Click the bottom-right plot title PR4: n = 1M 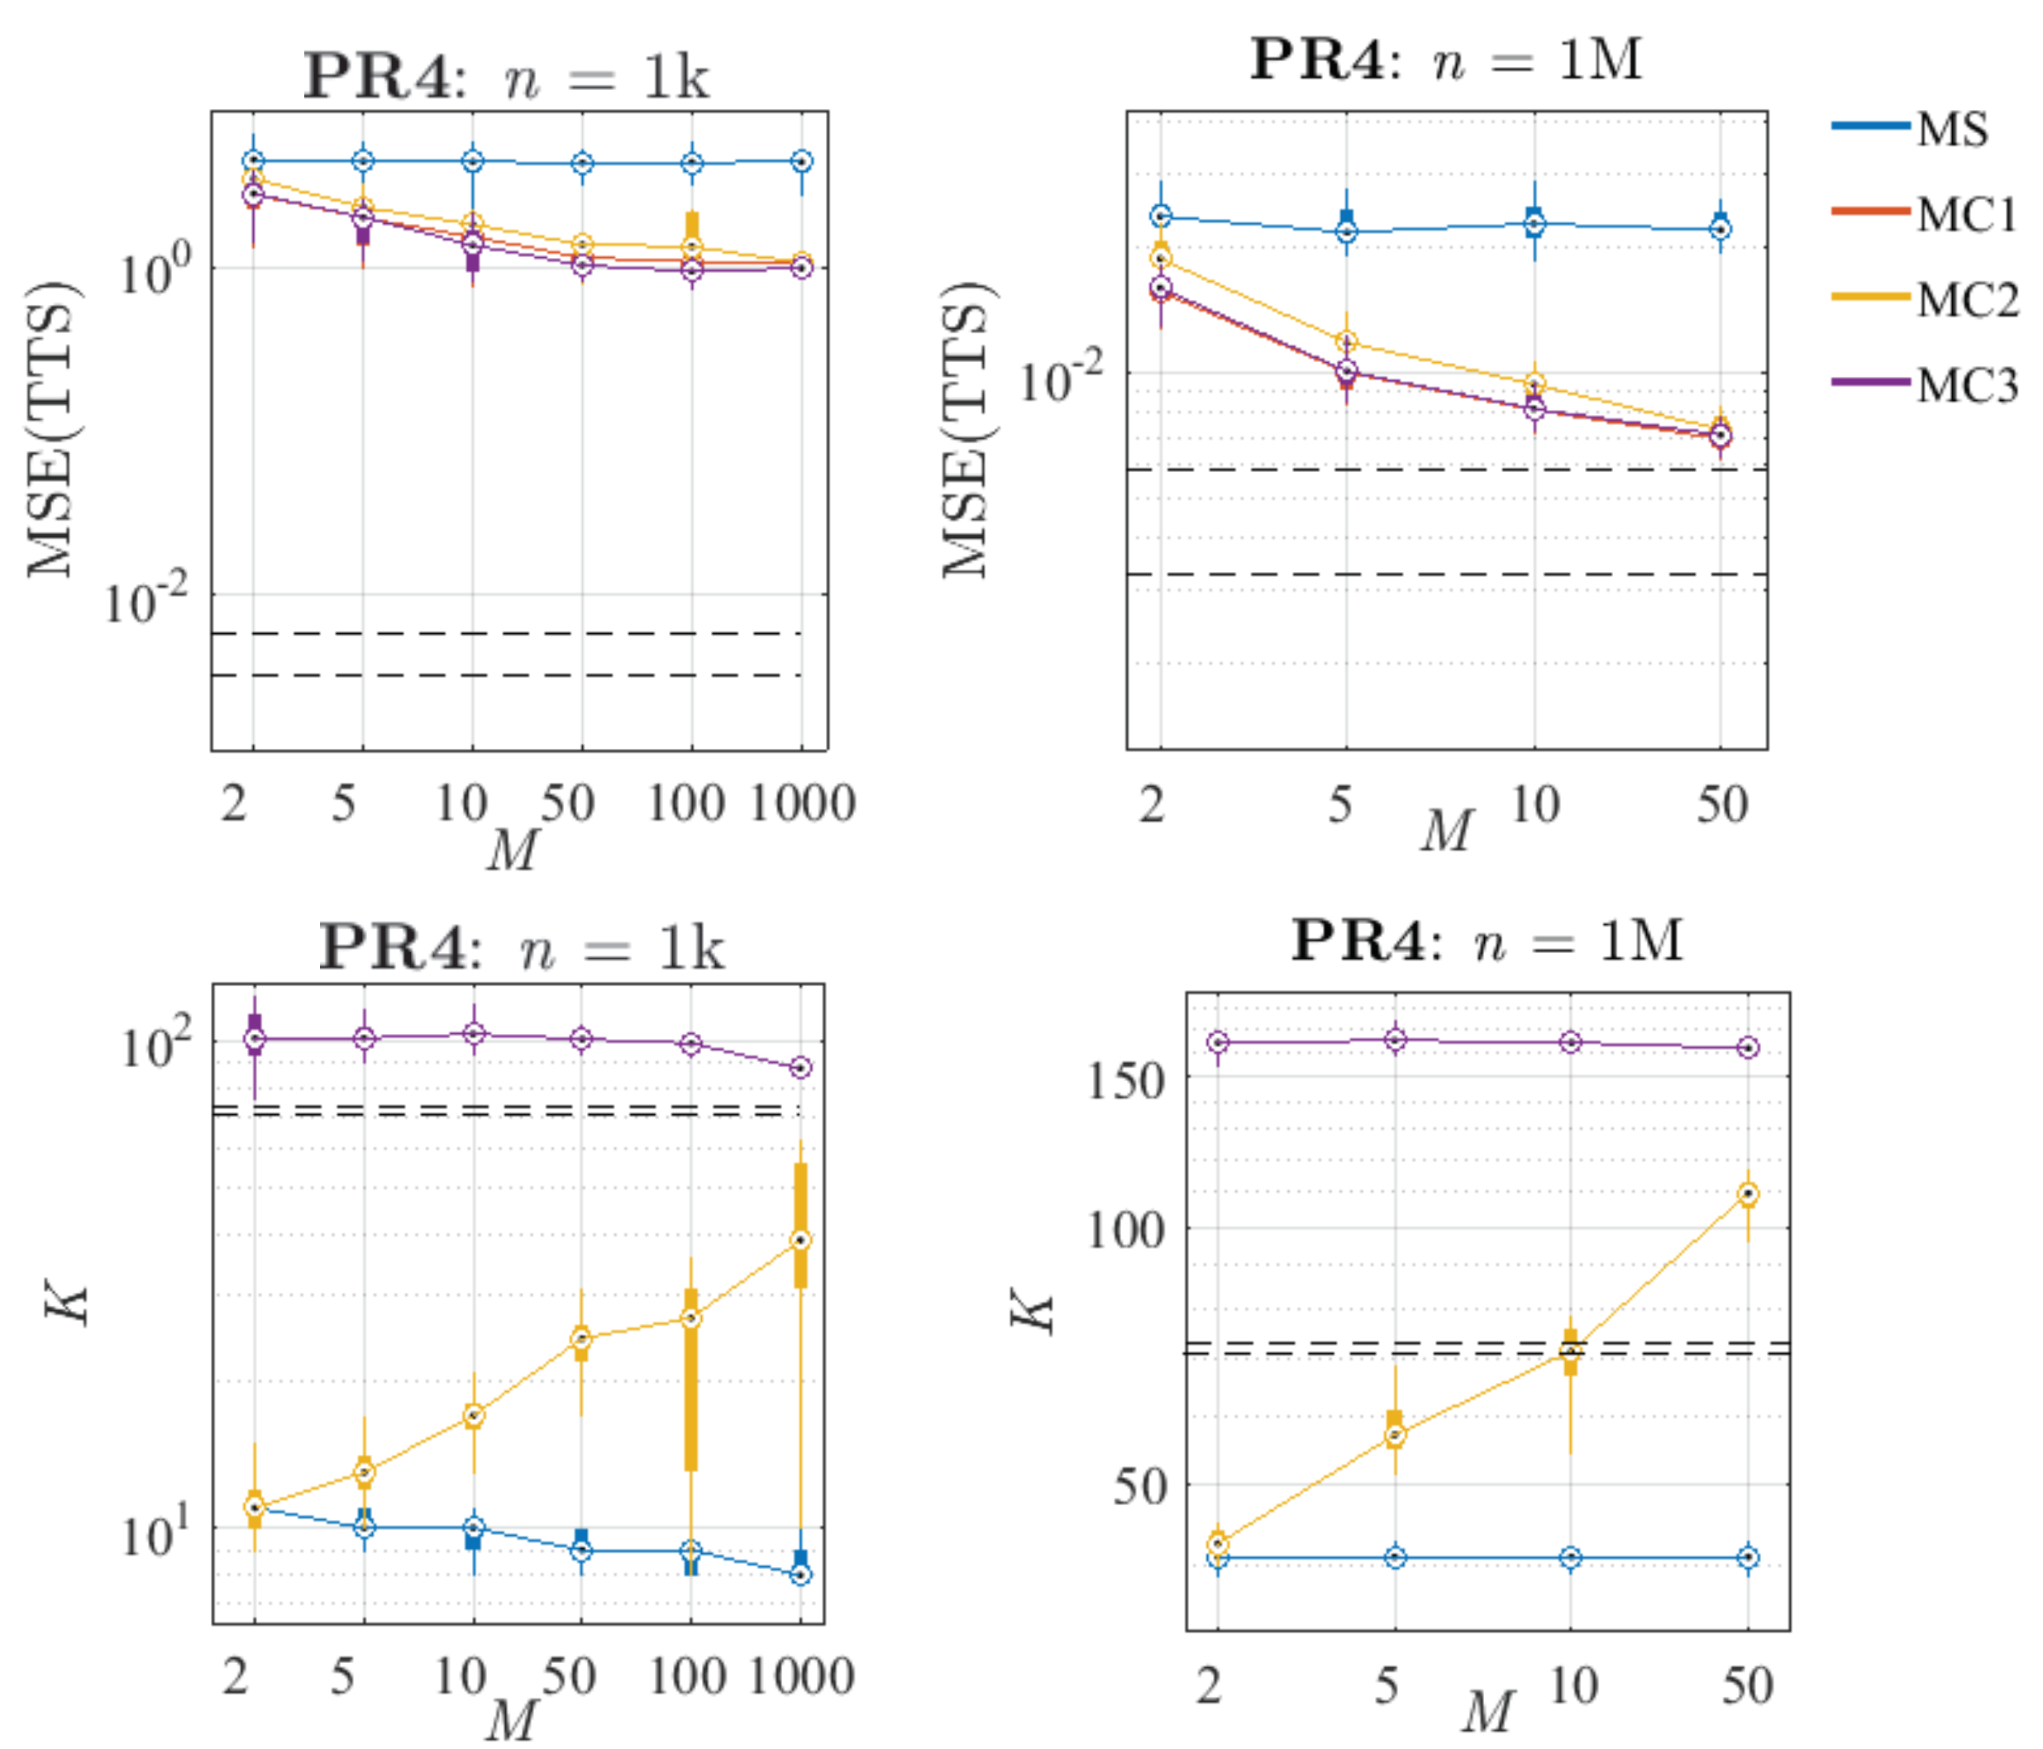[x=1487, y=941]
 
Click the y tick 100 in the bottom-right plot [x=1126, y=1229]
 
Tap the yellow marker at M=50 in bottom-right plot [x=1748, y=1194]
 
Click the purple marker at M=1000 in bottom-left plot [x=800, y=1068]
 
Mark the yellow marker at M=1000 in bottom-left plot [x=800, y=1239]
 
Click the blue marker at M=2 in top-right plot [x=1162, y=216]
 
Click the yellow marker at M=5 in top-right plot [x=1347, y=342]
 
